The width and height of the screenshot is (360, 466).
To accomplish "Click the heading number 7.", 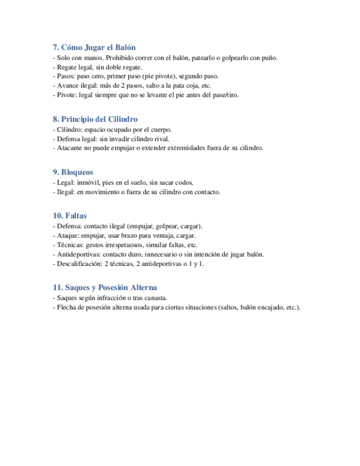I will click(x=56, y=47).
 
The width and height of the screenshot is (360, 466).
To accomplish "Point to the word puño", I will click(x=269, y=58).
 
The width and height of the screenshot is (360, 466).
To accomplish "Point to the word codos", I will click(x=182, y=182).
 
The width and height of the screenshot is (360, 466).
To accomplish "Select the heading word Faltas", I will click(x=76, y=216).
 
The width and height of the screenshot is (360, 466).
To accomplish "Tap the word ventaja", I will click(x=162, y=235).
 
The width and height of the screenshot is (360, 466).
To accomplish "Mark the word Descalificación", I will click(x=79, y=263).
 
